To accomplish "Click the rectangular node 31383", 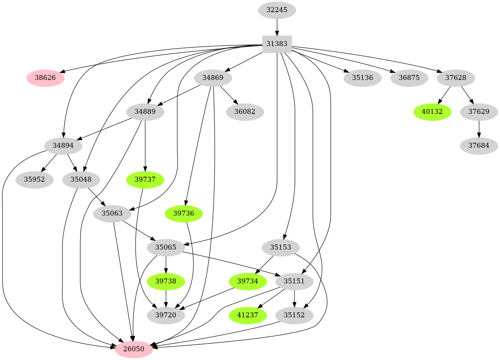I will click(x=277, y=44).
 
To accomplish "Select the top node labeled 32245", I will click(x=277, y=10).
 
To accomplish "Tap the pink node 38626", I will click(x=45, y=78).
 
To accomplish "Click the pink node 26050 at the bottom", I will click(x=134, y=349).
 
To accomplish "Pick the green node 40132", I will click(x=432, y=112).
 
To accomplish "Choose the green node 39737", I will click(x=145, y=179).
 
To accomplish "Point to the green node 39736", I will click(x=184, y=213).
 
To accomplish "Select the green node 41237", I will click(x=248, y=315).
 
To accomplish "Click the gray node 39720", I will click(x=166, y=315).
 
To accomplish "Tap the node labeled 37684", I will click(x=479, y=146).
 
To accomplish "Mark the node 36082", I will click(x=245, y=112).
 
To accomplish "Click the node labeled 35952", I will click(x=35, y=179).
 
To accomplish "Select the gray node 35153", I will click(x=281, y=247).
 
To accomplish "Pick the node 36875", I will click(x=409, y=78).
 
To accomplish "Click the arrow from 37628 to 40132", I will click(x=444, y=95).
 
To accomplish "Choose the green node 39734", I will click(x=248, y=281).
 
